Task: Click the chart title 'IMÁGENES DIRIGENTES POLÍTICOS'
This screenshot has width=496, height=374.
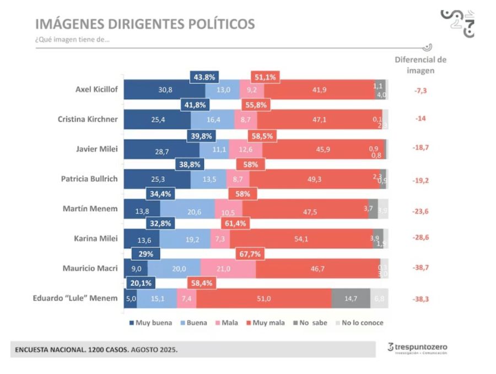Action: point(145,24)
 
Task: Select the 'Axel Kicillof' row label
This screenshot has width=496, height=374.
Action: point(96,89)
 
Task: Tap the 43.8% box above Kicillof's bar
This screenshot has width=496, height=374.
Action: point(204,77)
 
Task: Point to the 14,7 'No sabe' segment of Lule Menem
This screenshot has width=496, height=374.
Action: point(351,298)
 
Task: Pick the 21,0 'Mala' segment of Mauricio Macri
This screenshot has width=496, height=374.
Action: point(228,269)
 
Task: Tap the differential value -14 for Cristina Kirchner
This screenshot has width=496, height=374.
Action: point(421,119)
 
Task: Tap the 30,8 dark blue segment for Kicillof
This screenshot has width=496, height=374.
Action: point(164,89)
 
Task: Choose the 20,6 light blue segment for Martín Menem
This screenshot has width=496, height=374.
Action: point(187,209)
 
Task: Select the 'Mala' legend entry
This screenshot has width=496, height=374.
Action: point(226,323)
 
